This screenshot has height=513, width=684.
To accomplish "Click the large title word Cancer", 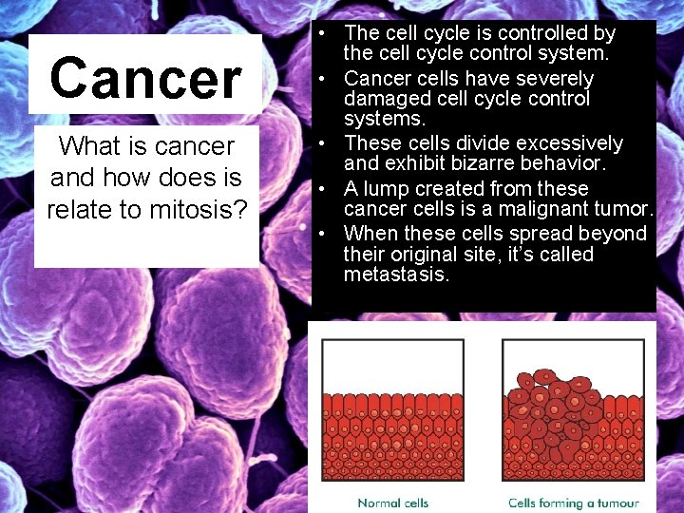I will (x=145, y=78).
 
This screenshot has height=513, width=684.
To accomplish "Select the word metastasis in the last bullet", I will (x=396, y=275).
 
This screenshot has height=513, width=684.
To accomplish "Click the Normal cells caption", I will (x=392, y=503).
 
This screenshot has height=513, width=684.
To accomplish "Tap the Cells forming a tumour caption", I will (x=573, y=503).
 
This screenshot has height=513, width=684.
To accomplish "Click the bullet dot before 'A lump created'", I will (x=324, y=188).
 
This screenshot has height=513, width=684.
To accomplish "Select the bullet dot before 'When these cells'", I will (x=324, y=234).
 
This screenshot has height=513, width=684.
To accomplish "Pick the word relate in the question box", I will (x=76, y=208).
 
